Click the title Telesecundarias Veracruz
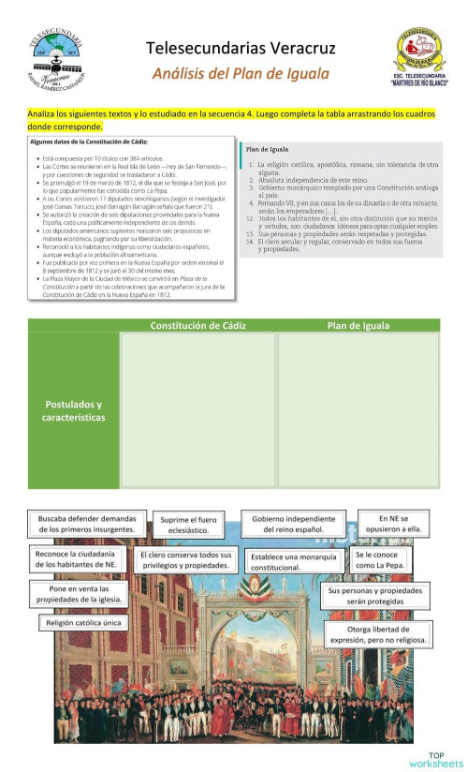pyautogui.click(x=241, y=47)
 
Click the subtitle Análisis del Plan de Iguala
pyautogui.click(x=241, y=73)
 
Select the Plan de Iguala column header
pyautogui.click(x=358, y=325)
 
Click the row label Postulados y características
pyautogui.click(x=75, y=410)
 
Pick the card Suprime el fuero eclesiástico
pyautogui.click(x=188, y=524)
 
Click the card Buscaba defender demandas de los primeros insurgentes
pyautogui.click(x=87, y=524)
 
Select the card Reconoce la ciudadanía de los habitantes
pyautogui.click(x=77, y=559)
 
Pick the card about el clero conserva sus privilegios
pyautogui.click(x=185, y=560)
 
